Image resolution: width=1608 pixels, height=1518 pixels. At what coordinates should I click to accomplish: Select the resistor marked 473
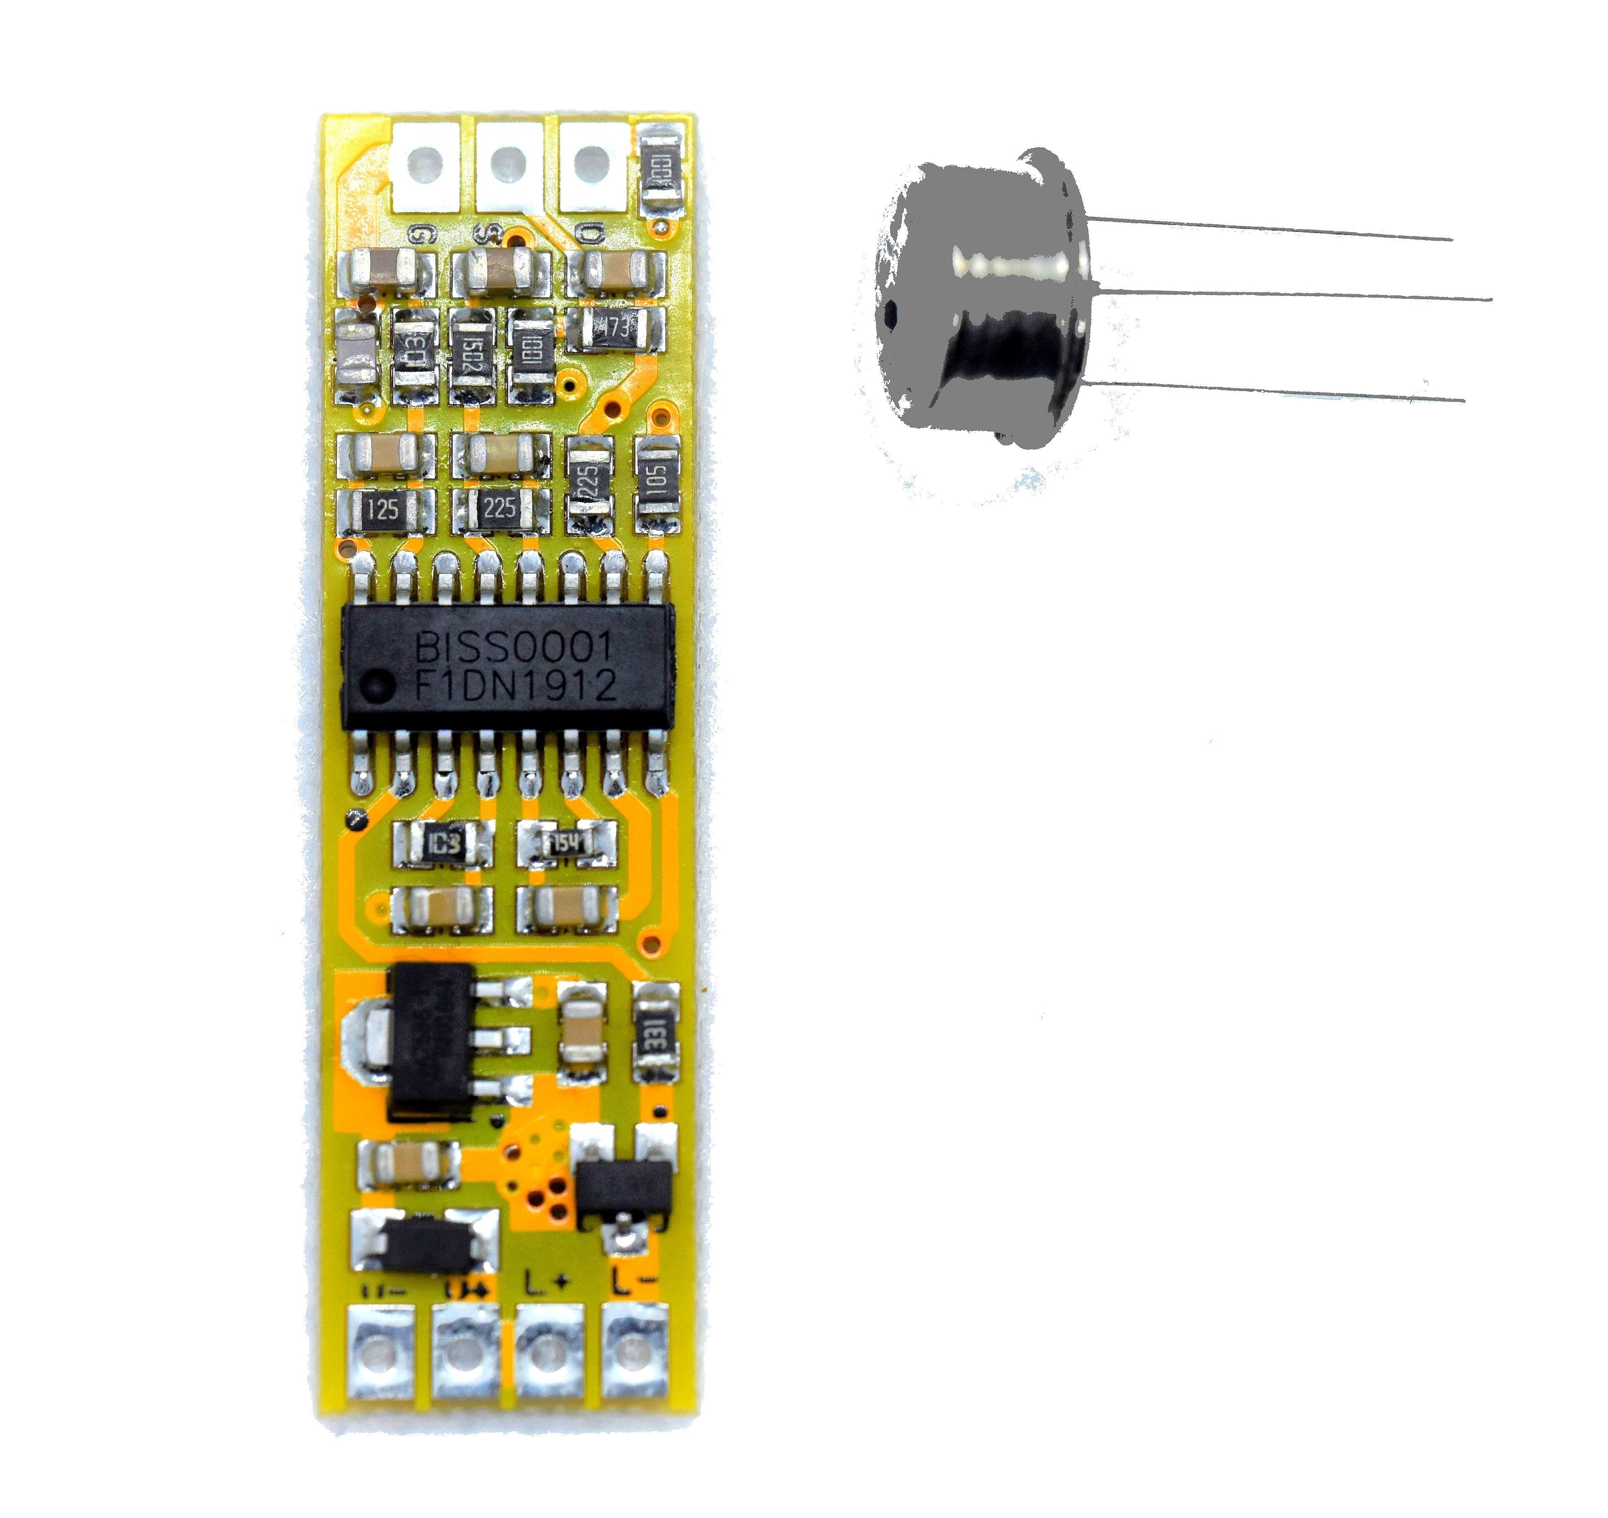coord(615,328)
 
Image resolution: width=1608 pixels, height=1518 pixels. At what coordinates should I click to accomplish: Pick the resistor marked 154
coord(566,844)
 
